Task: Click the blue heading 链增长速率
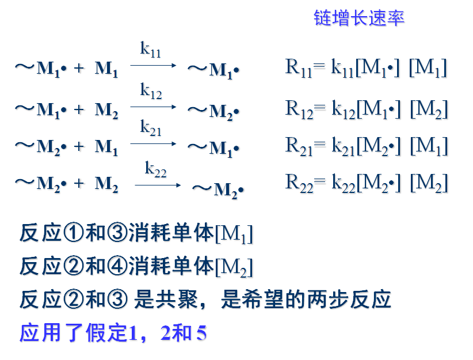pyautogui.click(x=359, y=17)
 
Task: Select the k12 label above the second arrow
pyautogui.click(x=151, y=90)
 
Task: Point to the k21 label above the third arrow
pyautogui.click(x=151, y=128)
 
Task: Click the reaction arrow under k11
pyautogui.click(x=153, y=65)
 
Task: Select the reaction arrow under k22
pyautogui.click(x=158, y=185)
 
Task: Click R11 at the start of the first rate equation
pyautogui.click(x=298, y=68)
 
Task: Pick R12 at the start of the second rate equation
pyautogui.click(x=299, y=108)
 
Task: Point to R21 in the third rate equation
pyautogui.click(x=299, y=145)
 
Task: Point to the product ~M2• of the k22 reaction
pyautogui.click(x=218, y=188)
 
